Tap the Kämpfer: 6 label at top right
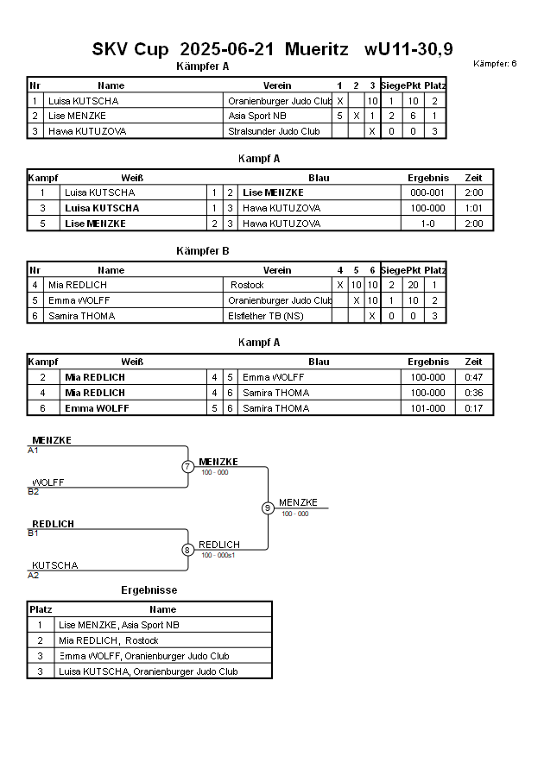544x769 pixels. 495,64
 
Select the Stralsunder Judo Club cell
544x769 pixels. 274,131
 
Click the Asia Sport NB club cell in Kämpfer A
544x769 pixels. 257,116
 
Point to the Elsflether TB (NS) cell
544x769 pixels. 269,316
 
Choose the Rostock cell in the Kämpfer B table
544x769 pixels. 248,285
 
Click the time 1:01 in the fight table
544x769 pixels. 474,208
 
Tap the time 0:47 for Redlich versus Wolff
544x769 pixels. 474,377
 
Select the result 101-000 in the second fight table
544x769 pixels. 428,408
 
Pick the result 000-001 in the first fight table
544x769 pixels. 428,192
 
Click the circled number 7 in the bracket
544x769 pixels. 187,467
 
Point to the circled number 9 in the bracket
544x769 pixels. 268,508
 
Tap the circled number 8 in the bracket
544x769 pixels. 187,550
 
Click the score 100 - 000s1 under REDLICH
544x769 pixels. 218,555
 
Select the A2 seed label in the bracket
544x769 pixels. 33,575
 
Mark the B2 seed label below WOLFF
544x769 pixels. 33,492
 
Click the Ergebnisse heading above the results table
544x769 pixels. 149,590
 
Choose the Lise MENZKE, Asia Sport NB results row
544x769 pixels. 119,625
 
